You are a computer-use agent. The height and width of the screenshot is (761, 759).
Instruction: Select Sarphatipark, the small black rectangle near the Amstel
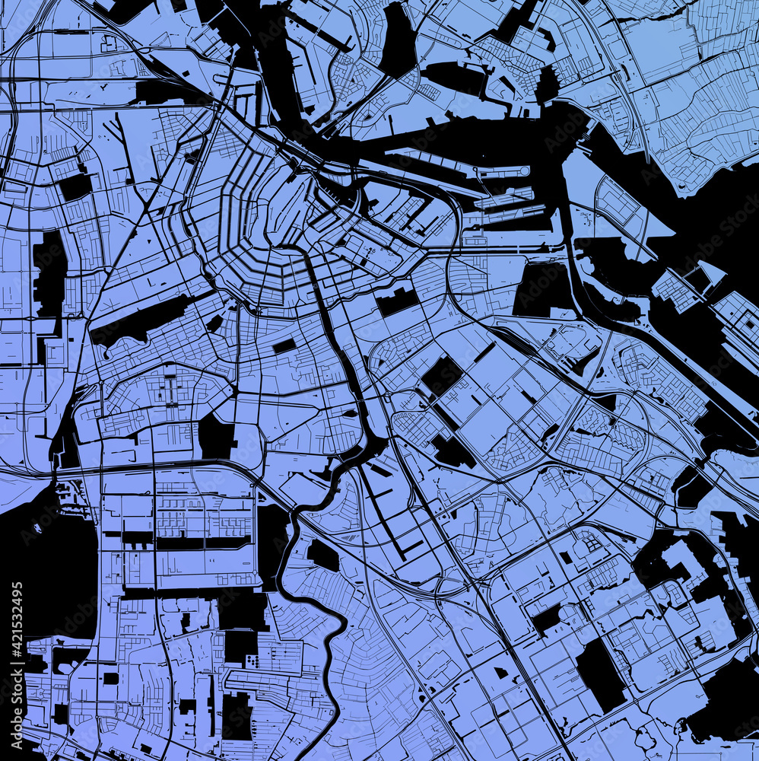(284, 346)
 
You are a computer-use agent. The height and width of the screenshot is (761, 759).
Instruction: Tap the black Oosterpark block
(397, 302)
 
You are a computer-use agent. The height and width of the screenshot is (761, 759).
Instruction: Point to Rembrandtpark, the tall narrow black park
(49, 274)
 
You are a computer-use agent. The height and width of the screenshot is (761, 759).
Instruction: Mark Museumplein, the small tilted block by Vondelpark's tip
(215, 323)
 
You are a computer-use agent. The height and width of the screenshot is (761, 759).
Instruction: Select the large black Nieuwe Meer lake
(46, 563)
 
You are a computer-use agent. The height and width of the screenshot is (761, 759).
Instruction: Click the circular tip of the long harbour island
(524, 171)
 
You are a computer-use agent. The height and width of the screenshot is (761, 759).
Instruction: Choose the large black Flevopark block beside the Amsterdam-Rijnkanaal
(544, 289)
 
